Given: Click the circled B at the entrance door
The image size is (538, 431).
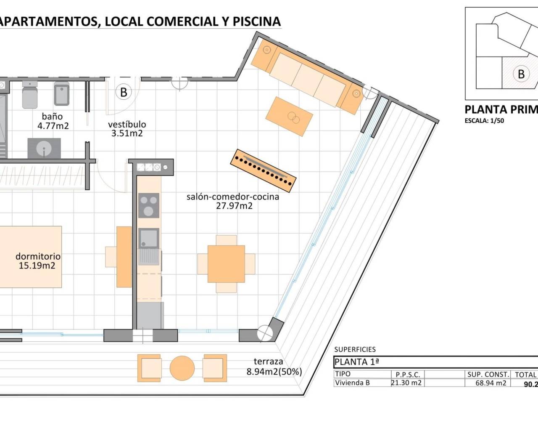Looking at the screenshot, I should coord(123,92).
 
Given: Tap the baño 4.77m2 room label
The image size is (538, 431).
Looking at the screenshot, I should coord(53,121).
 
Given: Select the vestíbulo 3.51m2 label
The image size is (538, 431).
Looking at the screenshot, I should coord(127,129).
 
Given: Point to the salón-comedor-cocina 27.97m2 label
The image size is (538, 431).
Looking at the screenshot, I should coord(233,201).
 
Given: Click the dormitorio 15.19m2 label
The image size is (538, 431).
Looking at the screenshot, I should coord(38,261).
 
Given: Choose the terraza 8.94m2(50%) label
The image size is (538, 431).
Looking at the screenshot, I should coord(274,366).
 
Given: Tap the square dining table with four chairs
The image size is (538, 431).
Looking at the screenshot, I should coord(226,264).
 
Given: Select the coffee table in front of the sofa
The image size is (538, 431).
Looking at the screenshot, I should coord(289,116).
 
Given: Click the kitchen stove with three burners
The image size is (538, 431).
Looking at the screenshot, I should coord(149,205).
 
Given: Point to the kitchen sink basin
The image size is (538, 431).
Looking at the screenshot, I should coord(148,238).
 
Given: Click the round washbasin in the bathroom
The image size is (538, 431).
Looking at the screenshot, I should coord(44,148).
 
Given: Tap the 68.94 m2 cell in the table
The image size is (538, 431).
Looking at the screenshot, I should coord(487,383).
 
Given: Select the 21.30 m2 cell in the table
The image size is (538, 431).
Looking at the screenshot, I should coord(406,383).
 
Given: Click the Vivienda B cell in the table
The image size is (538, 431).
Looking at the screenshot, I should coord(352,383).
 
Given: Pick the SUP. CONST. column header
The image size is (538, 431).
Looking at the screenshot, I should coord(488,374).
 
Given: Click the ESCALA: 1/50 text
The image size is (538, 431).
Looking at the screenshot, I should coord(484,121).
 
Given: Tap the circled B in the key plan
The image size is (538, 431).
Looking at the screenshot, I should coord(521,74).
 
